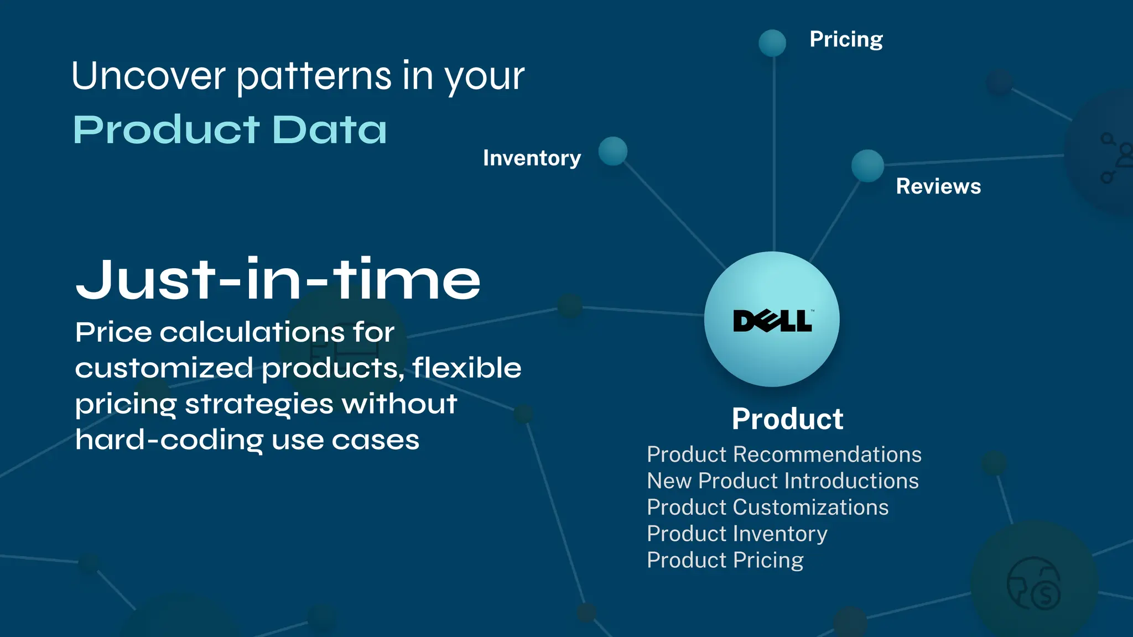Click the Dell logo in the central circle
[772, 321]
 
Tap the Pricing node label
[846, 39]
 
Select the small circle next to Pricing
[772, 43]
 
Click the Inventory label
[532, 158]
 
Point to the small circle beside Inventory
[612, 151]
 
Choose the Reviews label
[938, 186]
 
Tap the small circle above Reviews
[867, 165]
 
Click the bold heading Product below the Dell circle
[787, 419]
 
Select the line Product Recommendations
[784, 455]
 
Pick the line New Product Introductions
[783, 481]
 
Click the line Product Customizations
[767, 508]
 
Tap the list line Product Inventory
[737, 534]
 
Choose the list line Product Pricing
[725, 561]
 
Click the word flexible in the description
[466, 368]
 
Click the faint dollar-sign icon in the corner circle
[1044, 595]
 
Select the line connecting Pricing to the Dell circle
[774, 155]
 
